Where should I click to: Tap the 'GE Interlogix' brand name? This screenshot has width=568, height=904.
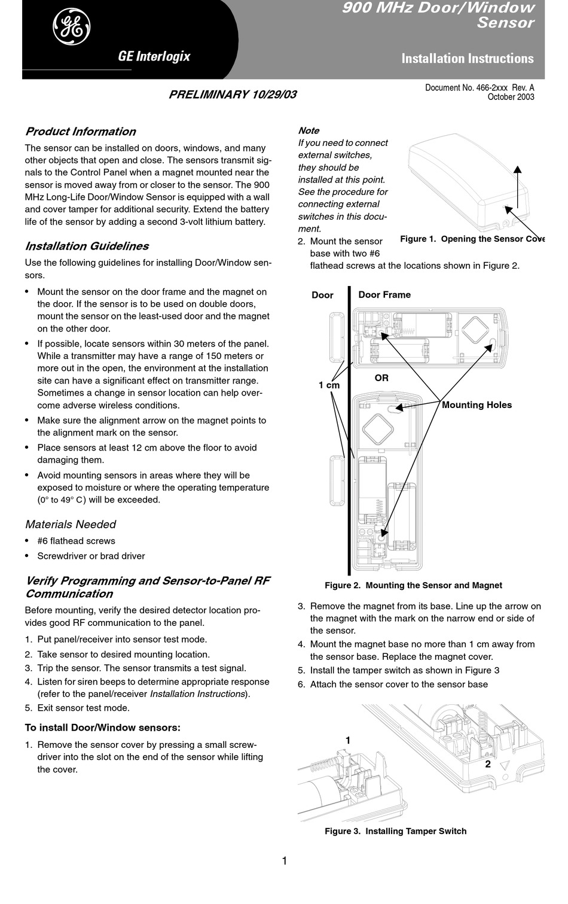coord(154,57)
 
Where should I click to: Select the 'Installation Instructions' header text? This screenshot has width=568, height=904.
coord(468,59)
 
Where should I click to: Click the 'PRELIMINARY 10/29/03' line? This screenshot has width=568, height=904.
coord(233,95)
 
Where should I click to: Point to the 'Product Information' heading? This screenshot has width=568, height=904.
coord(80,132)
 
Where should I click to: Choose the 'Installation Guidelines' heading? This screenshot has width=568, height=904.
coord(87,246)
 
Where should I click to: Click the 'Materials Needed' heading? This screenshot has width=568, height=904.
coord(71,525)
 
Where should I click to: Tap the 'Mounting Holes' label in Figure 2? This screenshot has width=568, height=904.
coord(477,405)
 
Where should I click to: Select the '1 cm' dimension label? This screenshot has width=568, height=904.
coord(329,385)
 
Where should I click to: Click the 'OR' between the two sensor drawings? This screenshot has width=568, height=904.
coord(381,378)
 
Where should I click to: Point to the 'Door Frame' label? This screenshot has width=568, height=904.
coord(384,294)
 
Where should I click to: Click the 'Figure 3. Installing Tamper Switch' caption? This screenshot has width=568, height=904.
coord(395,831)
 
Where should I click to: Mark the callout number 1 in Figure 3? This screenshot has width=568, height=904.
coord(348,740)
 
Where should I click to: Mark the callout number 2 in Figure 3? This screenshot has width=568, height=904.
coord(488,764)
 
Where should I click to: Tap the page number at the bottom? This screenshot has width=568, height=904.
coord(284,861)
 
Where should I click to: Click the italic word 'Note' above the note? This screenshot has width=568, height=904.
coord(309,130)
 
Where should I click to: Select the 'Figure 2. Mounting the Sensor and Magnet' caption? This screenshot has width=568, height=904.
coord(413,585)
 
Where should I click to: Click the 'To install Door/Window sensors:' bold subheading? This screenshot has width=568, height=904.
coord(102,728)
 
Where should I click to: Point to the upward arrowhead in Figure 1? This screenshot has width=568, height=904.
coord(518,169)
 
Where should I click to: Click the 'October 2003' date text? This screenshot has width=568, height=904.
coord(511,97)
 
